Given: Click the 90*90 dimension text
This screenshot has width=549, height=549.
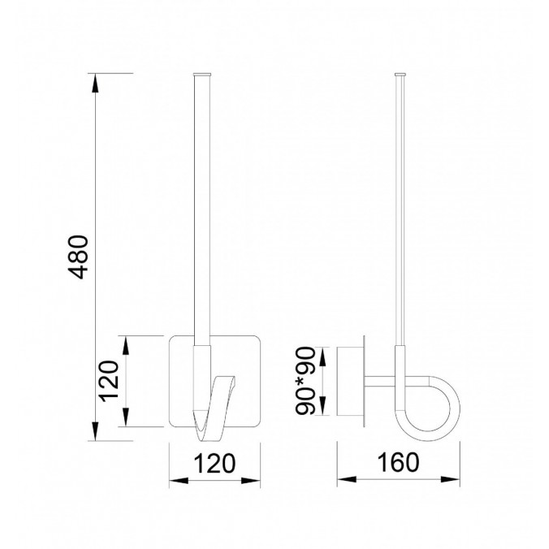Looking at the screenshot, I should click(308, 382).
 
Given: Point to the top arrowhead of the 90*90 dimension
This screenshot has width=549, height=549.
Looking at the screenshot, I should click(325, 351).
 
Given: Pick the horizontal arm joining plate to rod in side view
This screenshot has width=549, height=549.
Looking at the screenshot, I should click(382, 379).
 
